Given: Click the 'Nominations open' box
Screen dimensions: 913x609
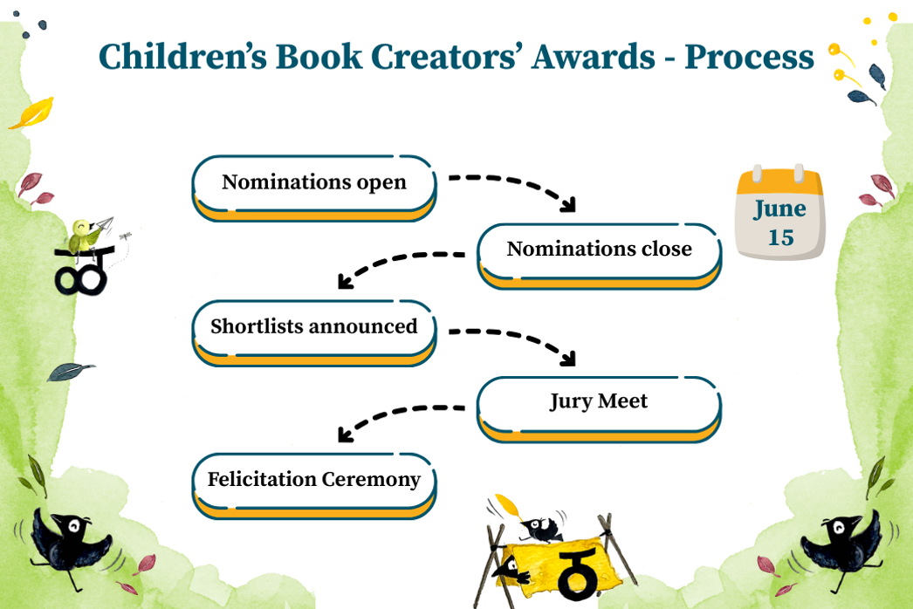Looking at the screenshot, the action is (314, 188).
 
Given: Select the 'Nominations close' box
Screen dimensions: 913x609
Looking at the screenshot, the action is (599, 256).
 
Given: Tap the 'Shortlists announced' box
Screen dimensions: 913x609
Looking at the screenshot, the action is (314, 332).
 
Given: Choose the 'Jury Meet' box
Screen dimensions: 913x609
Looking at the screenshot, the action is (599, 409).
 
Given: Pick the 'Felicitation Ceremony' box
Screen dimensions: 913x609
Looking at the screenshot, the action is (314, 486).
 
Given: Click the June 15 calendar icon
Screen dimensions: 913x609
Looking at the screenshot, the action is (780, 212).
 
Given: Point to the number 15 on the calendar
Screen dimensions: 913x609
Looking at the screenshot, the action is (780, 237).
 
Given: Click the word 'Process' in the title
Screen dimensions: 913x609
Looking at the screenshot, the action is (749, 57).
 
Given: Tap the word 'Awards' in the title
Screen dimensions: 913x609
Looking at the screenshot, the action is (594, 57).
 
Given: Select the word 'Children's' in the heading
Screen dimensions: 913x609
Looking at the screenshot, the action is (182, 57).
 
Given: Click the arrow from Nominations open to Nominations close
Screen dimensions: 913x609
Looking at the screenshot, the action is (521, 185).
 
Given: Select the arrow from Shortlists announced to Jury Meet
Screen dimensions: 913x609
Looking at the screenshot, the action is (521, 339).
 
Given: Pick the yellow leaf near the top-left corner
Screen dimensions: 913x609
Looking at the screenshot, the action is (33, 113).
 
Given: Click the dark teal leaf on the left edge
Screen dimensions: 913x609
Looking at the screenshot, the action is (70, 371).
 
